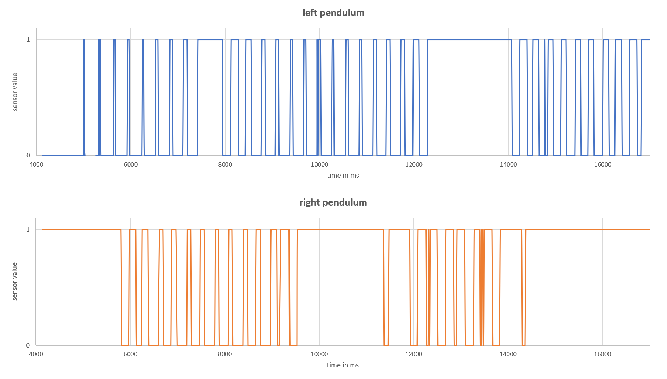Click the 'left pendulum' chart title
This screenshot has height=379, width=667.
[333, 13]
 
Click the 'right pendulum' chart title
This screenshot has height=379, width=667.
[333, 202]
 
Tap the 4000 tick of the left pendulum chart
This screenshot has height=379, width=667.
[36, 164]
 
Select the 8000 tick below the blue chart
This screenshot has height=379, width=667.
[225, 164]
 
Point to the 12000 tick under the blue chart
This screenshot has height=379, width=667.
[414, 164]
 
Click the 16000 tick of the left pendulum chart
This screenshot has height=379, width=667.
[603, 164]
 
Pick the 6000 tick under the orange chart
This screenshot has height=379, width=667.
[130, 354]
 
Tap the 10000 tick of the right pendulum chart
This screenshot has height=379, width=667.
[319, 354]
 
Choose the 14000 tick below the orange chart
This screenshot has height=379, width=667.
[508, 354]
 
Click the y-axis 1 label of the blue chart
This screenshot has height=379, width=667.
[28, 39]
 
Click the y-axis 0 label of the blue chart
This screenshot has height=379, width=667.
[28, 155]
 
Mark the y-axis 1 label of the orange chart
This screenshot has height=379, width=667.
[28, 229]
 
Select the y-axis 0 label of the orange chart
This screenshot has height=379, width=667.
[28, 345]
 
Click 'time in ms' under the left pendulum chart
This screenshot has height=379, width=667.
[343, 176]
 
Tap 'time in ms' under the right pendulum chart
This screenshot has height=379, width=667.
[343, 365]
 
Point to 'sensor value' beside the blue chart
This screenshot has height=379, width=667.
[15, 92]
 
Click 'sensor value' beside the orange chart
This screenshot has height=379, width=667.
[15, 282]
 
